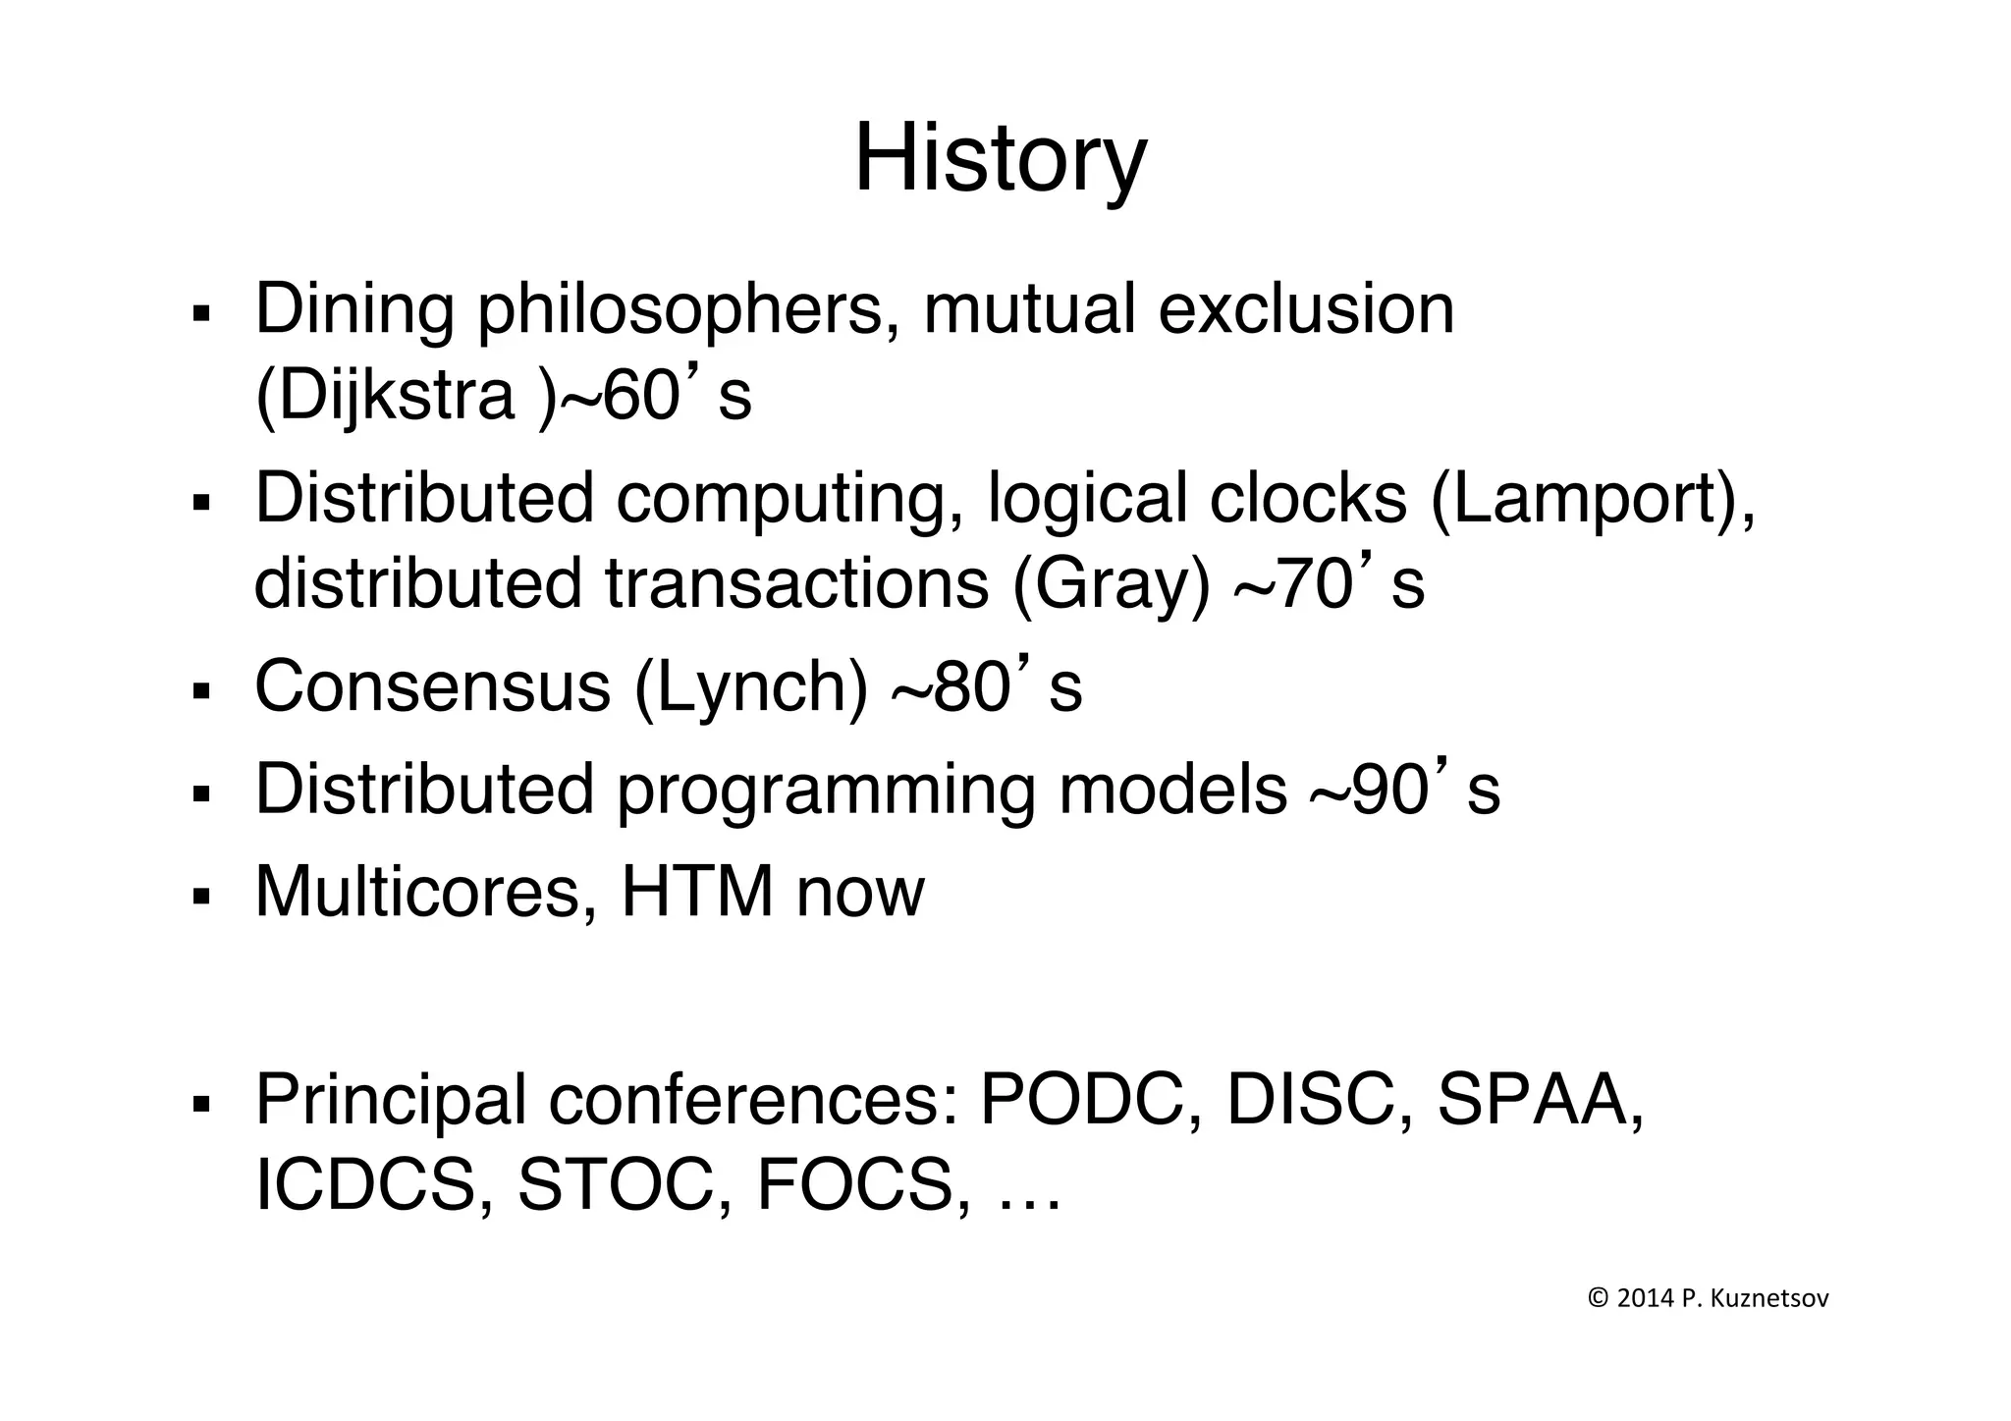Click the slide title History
click(x=1000, y=159)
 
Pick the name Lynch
click(x=751, y=686)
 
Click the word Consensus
click(x=432, y=686)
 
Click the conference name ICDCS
click(x=365, y=1185)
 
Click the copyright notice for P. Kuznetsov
click(x=1709, y=1299)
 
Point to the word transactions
click(x=796, y=584)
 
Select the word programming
click(x=826, y=790)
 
